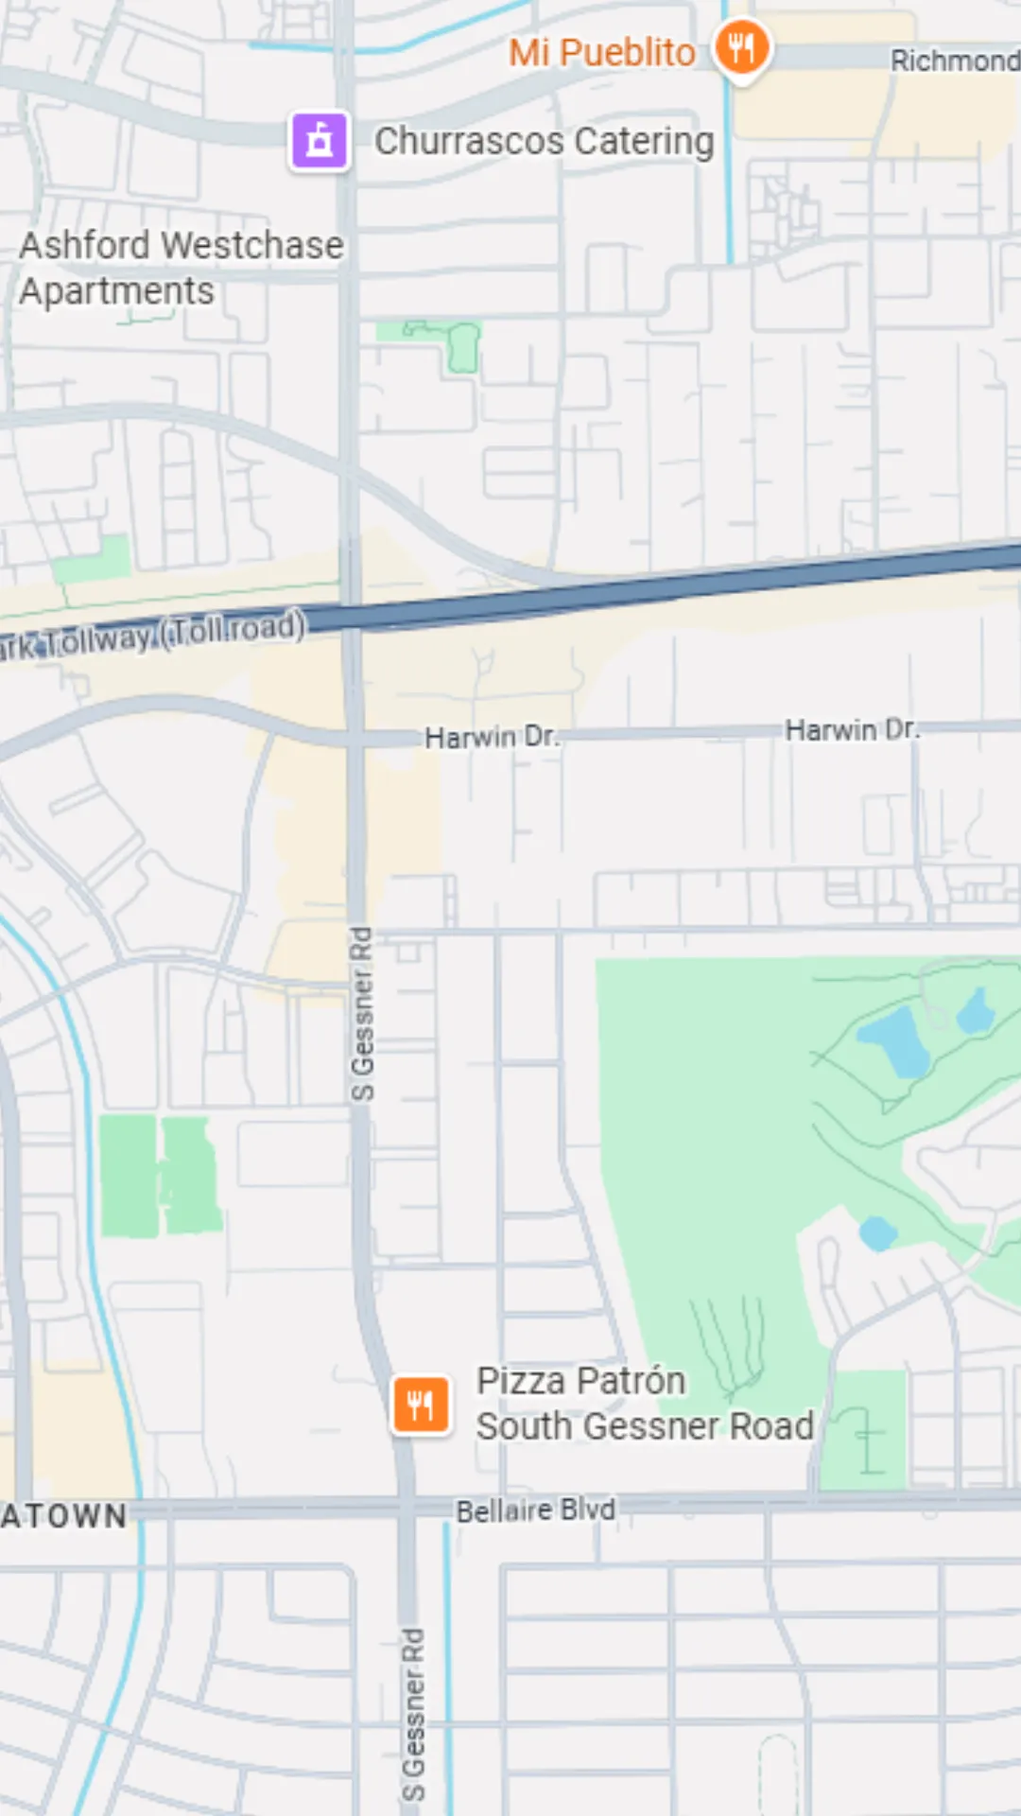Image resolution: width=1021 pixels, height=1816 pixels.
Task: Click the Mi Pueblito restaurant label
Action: coord(602,53)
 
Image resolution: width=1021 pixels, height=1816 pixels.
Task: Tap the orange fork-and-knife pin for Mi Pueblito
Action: coord(742,47)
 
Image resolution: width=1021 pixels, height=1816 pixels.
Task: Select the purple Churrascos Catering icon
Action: coord(320,140)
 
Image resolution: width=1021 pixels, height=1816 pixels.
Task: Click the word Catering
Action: coord(644,142)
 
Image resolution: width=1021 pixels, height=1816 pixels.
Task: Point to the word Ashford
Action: coord(84,246)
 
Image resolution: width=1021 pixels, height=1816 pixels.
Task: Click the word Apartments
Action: coord(117,291)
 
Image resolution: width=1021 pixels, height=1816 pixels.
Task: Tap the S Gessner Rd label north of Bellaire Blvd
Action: coord(362,1014)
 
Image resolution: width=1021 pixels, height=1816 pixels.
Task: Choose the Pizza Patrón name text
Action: coord(580,1381)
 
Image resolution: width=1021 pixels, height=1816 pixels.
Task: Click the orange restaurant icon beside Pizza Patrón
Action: coord(421,1405)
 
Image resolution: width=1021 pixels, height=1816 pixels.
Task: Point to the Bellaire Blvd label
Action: coord(535,1510)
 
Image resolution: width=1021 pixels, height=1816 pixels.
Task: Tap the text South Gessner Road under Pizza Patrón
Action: coord(645,1426)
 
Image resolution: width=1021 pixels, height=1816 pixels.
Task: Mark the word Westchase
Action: coord(252,246)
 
